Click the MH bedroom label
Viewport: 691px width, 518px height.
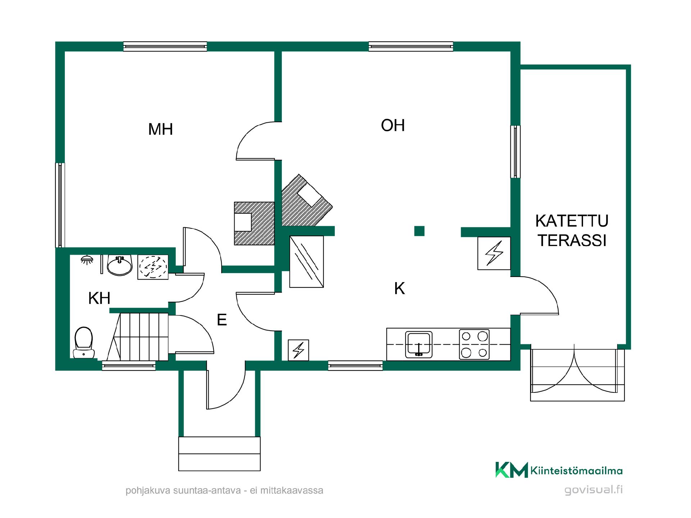[161, 129]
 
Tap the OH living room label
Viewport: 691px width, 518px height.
[393, 126]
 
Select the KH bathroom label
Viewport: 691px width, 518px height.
[99, 298]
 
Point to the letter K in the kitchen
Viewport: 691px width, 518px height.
[399, 288]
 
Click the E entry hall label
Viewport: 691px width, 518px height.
[222, 320]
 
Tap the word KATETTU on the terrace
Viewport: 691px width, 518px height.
[572, 221]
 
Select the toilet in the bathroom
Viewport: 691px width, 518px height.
[84, 342]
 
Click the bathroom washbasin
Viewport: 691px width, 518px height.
[120, 265]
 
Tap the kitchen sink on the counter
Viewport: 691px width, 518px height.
[419, 345]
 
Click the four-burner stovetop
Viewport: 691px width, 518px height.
[474, 344]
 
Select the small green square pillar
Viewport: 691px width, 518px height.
[419, 231]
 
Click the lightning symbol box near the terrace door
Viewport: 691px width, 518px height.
[494, 253]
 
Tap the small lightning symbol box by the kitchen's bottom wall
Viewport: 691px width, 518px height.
[299, 350]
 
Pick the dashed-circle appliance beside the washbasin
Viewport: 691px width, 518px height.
[153, 267]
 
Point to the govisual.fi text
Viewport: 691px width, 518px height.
[593, 490]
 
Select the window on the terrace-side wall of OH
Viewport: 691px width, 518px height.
[515, 151]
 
